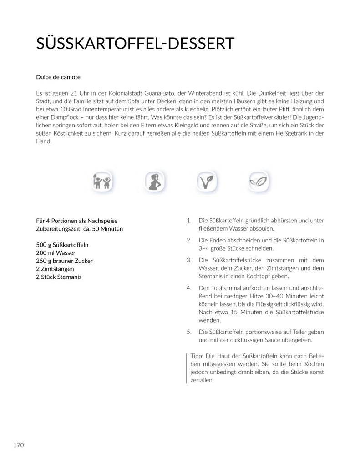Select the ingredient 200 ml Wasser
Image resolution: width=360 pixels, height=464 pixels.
pyautogui.click(x=56, y=253)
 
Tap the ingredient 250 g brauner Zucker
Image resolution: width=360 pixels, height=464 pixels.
pyautogui.click(x=64, y=261)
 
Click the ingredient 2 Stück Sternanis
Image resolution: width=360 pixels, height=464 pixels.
pyautogui.click(x=59, y=277)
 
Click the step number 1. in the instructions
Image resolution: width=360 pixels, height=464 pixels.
pyautogui.click(x=189, y=221)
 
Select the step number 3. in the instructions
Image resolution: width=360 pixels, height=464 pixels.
pyautogui.click(x=189, y=260)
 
